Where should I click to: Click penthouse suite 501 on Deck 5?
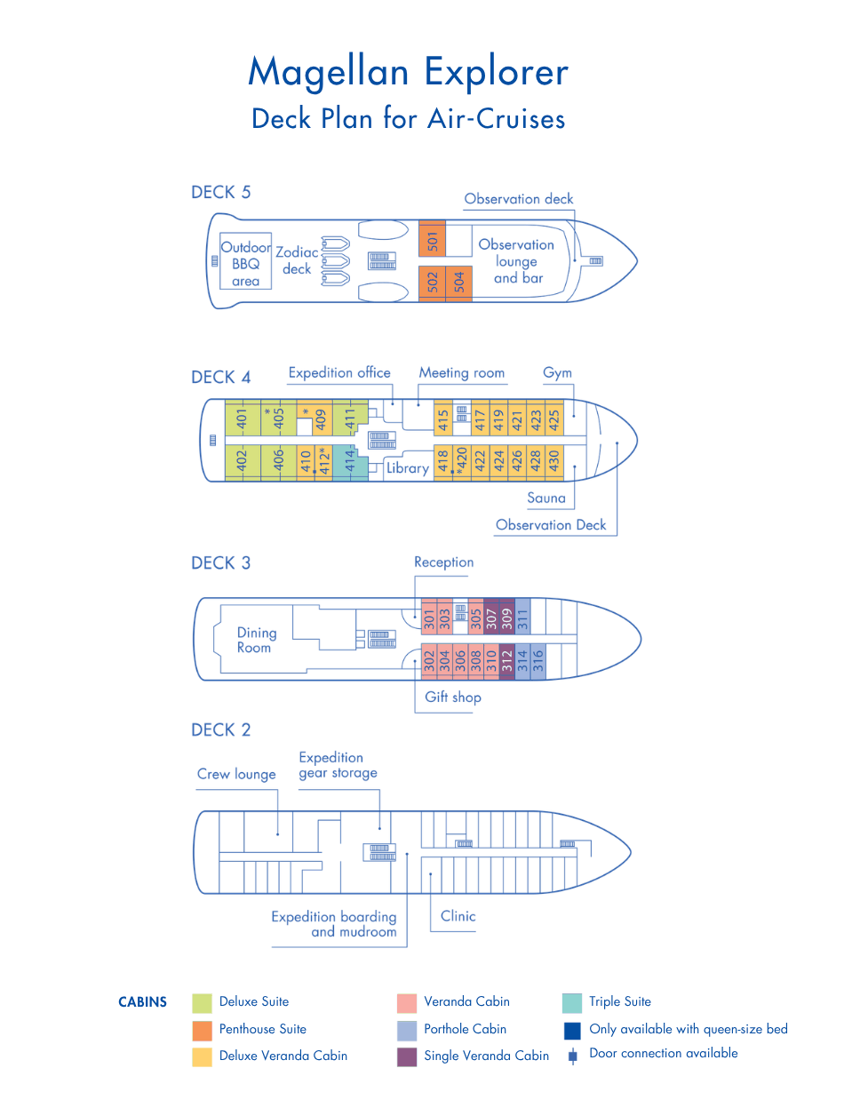coord(432,238)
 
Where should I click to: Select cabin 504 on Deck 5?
coord(458,283)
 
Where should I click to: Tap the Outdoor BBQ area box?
coord(245,260)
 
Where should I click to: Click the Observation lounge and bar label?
coord(516,261)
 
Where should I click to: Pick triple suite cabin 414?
coord(350,463)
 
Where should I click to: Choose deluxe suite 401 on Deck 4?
coord(243,418)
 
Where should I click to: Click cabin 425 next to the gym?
coord(553,418)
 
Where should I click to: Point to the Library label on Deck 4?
coord(408,468)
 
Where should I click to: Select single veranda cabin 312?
coord(506,661)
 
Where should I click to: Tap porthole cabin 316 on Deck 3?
coord(537,661)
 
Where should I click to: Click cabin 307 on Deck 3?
coord(491,617)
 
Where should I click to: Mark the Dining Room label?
coord(256,640)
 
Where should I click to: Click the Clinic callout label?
coord(458,916)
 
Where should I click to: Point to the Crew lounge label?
coord(236,774)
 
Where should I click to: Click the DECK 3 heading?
coord(220,562)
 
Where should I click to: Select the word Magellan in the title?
coord(328,72)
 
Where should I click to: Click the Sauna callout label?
coord(545,498)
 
